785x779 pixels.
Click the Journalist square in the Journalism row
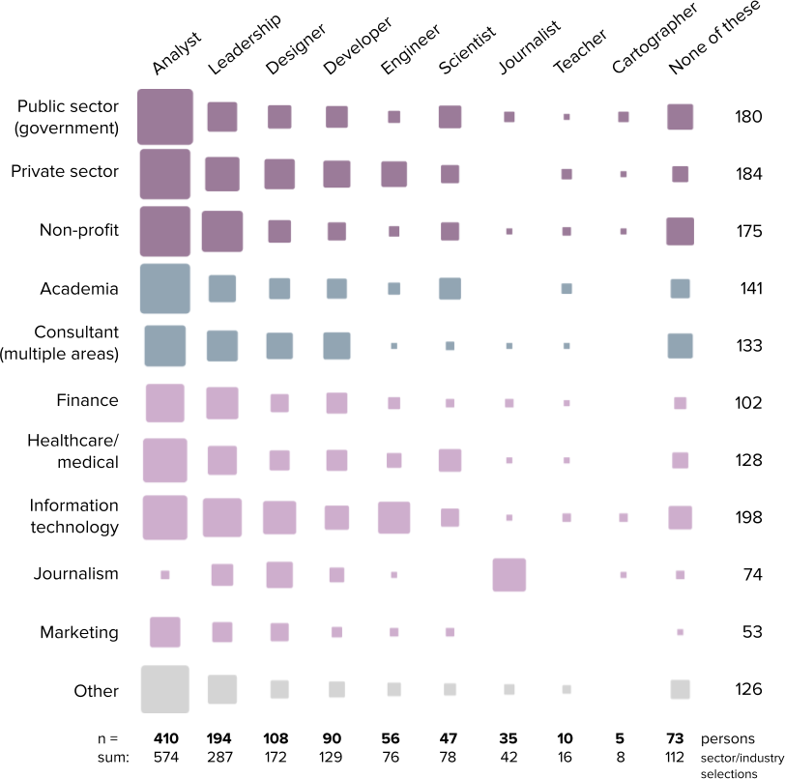click(509, 575)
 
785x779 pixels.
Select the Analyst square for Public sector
click(165, 117)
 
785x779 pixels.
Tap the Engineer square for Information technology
click(394, 518)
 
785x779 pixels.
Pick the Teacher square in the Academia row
click(567, 288)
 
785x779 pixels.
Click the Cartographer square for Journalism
click(624, 575)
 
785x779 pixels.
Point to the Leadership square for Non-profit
click(222, 231)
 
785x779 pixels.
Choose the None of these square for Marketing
click(680, 632)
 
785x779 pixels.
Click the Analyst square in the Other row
click(165, 689)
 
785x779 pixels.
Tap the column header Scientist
click(467, 49)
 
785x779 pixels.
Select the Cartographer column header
click(654, 39)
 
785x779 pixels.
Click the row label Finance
click(88, 400)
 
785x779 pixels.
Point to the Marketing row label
click(79, 632)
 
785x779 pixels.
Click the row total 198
click(748, 518)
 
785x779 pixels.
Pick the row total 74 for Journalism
click(752, 575)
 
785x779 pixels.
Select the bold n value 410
click(165, 738)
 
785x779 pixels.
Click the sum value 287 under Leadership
click(219, 757)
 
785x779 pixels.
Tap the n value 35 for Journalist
click(509, 738)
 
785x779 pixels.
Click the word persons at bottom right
click(727, 739)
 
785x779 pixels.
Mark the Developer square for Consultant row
click(337, 346)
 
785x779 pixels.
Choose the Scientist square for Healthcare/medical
click(451, 461)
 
